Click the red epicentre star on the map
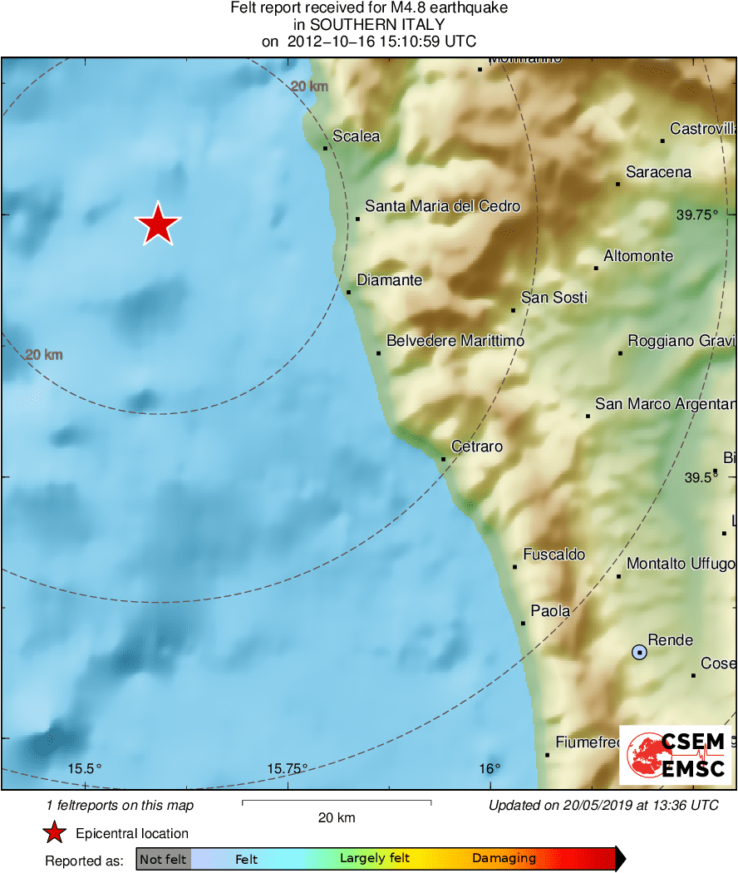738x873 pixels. point(157,224)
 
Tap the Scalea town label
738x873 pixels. point(356,136)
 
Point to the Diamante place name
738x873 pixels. point(389,280)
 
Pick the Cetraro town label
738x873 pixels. point(477,446)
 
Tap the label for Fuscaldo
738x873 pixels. point(553,555)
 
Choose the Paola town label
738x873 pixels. point(550,611)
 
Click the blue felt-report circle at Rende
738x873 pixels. point(639,653)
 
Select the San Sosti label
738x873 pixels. point(553,297)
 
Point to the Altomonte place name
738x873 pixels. point(638,256)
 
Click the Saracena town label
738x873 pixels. point(658,172)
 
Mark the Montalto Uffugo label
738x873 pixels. point(681,564)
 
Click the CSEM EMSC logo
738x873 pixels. point(675,755)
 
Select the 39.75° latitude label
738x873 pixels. point(696,215)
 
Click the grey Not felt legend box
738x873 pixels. point(163,859)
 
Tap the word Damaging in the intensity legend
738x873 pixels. point(504,859)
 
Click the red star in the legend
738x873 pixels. point(55,833)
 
